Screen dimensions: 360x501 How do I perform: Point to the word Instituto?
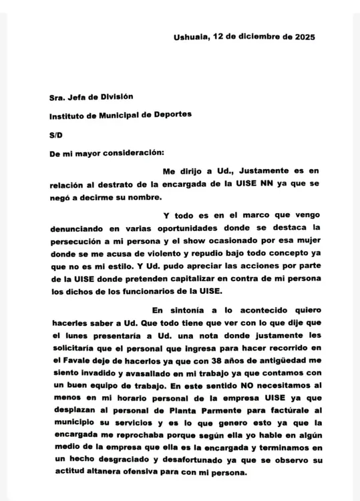click(71, 115)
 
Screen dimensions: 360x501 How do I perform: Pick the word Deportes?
click(172, 115)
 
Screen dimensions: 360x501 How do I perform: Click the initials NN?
click(256, 184)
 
